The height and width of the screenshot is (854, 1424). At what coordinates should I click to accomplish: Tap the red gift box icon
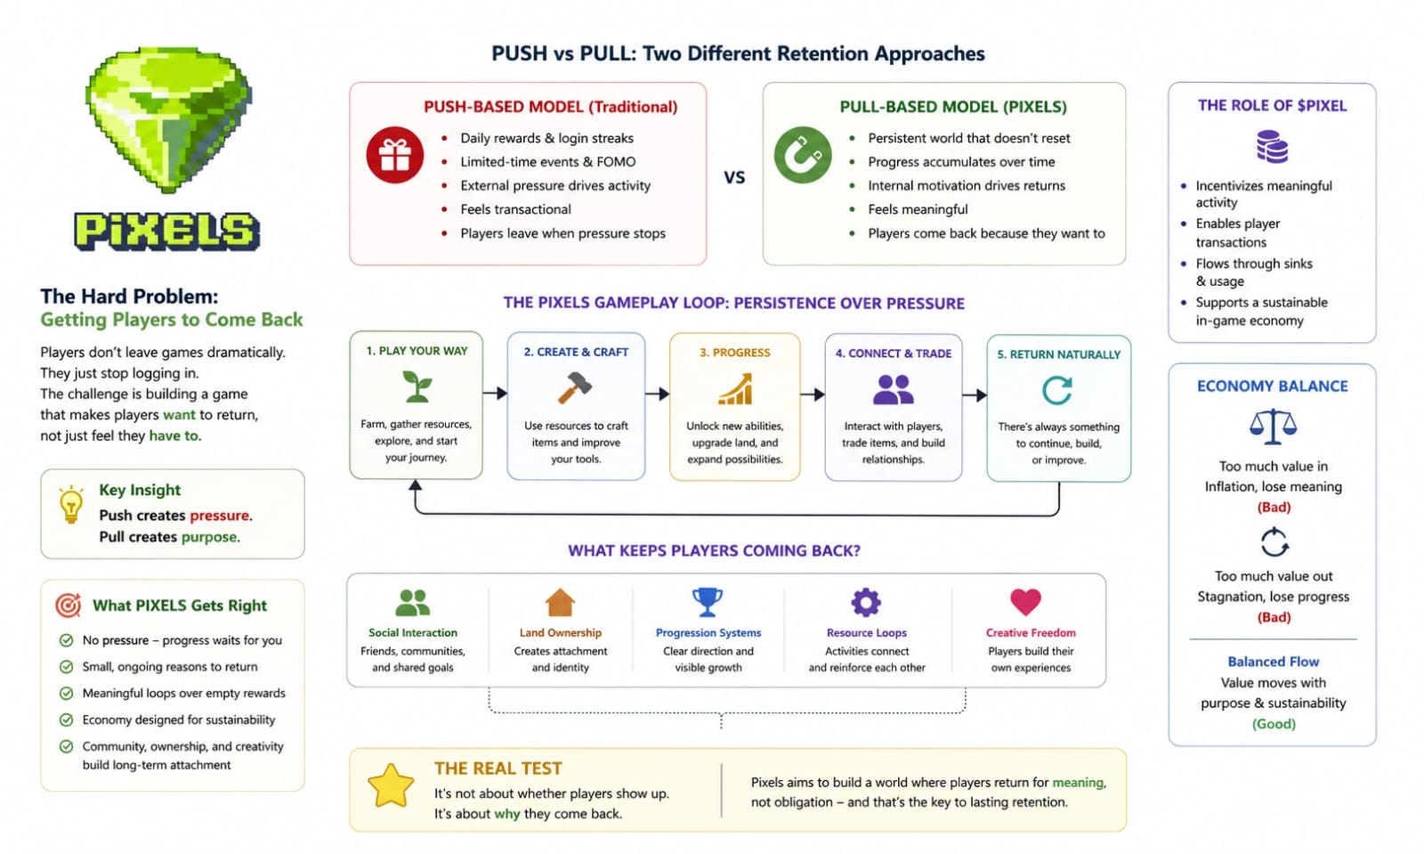[394, 155]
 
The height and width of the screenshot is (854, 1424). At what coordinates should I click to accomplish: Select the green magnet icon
[802, 155]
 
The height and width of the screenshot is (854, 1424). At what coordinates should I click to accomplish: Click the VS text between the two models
[734, 177]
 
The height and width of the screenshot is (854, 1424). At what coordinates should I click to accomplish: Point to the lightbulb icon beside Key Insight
[70, 504]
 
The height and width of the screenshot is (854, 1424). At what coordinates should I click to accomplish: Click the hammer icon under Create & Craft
[575, 388]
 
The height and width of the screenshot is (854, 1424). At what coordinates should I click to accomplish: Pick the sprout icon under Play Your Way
[417, 386]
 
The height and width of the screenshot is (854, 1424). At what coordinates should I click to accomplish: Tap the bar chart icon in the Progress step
[735, 389]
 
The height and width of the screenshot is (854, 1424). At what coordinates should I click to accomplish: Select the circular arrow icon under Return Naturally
[1057, 390]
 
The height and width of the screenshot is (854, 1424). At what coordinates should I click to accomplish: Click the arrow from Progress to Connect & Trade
[812, 394]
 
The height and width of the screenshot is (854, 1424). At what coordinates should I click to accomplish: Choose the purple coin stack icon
[1272, 147]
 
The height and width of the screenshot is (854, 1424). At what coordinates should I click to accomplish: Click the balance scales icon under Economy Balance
[1273, 427]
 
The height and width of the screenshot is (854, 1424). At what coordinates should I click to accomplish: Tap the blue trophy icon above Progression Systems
[708, 602]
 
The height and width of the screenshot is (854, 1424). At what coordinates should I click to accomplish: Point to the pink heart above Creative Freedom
[1025, 602]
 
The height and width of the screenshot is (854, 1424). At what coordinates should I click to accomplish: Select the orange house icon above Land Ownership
[560, 603]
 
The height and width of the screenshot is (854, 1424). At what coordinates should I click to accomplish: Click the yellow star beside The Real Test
[391, 785]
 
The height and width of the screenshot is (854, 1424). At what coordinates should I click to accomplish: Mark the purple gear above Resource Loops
[866, 603]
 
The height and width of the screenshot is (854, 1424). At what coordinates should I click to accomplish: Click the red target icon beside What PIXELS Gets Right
[69, 606]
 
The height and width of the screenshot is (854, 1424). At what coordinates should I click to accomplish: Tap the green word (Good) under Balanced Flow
[1274, 724]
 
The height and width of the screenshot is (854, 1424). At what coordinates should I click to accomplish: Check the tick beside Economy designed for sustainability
[66, 720]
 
